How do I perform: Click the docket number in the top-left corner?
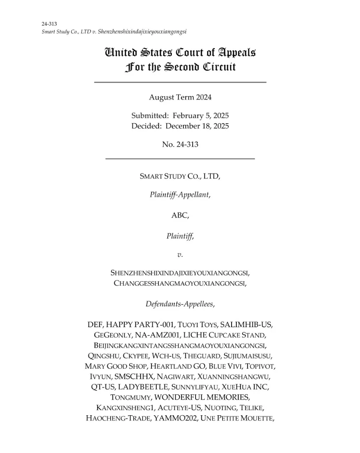click(49, 24)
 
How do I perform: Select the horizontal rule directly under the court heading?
click(180, 82)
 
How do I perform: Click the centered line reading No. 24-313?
click(180, 144)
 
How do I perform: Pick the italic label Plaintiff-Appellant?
click(180, 195)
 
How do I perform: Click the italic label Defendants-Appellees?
click(180, 304)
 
